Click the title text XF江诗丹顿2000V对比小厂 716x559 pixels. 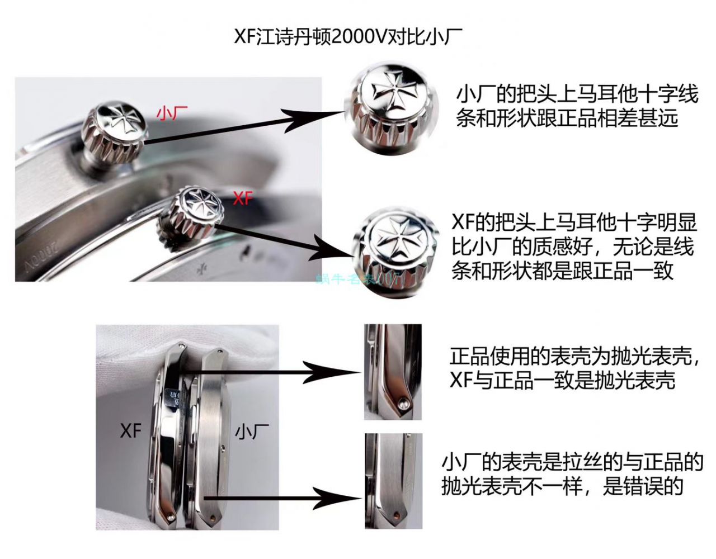tap(348, 37)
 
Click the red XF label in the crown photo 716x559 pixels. tap(242, 198)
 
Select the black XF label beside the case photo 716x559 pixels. tap(131, 431)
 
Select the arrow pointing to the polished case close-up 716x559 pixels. tap(274, 371)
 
